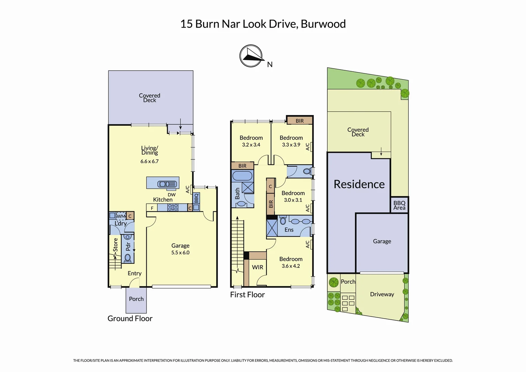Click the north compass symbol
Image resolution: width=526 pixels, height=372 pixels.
tap(251, 56)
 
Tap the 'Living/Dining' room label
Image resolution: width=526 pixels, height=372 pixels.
tap(149, 150)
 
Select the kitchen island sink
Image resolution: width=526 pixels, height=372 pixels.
tap(167, 184)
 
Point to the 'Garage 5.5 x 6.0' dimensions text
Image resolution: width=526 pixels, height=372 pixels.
tap(180, 252)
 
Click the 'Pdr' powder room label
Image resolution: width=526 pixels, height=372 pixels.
tap(128, 246)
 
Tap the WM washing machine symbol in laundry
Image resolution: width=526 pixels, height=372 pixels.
tap(121, 216)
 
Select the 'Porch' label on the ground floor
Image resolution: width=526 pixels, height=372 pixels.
tap(136, 299)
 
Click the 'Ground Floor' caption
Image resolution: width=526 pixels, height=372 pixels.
tap(130, 319)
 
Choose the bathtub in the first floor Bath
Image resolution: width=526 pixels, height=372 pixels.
tap(242, 176)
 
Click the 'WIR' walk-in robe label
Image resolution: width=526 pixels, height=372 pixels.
tap(257, 267)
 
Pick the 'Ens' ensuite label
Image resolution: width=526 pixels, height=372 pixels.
tap(289, 230)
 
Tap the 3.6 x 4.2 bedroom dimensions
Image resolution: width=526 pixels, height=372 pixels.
tap(291, 266)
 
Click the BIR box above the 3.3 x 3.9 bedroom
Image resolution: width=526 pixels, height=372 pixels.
tap(300, 121)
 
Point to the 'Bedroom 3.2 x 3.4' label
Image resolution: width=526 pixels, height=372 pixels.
tap(251, 141)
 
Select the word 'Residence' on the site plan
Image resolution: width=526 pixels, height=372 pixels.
tap(359, 184)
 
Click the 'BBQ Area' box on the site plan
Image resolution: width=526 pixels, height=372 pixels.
tap(399, 205)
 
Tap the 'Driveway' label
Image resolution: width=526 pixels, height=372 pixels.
tap(382, 294)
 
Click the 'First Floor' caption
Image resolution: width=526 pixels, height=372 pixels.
tap(247, 295)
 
